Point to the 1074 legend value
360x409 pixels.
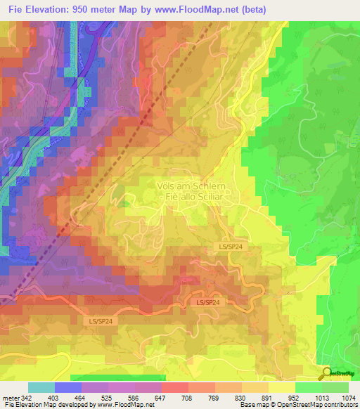pyautogui.click(x=349, y=398)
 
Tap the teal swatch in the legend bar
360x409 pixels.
pyautogui.click(x=41, y=387)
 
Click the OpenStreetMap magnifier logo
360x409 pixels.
pyautogui.click(x=328, y=373)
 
